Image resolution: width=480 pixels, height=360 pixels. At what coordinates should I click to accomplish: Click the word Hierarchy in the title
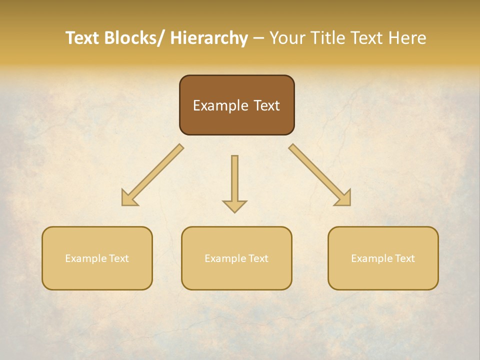pyautogui.click(x=209, y=38)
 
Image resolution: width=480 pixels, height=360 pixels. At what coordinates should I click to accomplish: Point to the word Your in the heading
pyautogui.click(x=286, y=38)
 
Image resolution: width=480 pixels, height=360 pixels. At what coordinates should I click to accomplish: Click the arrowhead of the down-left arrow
pyautogui.click(x=128, y=198)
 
